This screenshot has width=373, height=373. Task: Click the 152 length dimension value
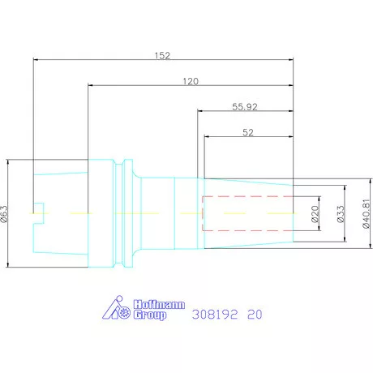point(162,56)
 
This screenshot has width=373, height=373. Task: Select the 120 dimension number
point(191,81)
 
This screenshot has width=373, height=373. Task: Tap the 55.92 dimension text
point(245,107)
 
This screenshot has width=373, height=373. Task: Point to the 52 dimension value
point(248,132)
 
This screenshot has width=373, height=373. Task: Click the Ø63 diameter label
point(5,213)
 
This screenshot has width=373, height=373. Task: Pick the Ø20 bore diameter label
point(315,214)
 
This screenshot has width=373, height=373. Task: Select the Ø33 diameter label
point(341,214)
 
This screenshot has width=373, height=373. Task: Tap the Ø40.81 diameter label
point(366,214)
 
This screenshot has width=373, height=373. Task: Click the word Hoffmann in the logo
point(159,305)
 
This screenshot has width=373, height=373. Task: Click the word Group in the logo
point(150,315)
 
